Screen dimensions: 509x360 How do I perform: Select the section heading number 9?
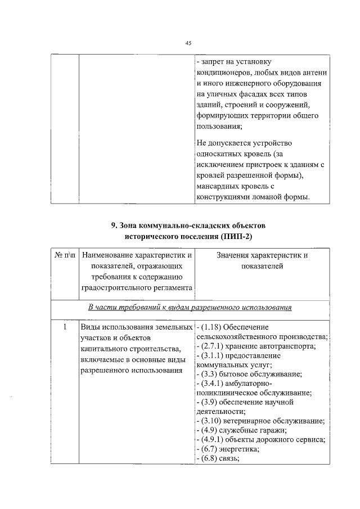(114, 225)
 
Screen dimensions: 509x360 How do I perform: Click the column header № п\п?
(66, 256)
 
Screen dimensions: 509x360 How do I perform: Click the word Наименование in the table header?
(109, 256)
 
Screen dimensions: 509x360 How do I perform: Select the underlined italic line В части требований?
(191, 308)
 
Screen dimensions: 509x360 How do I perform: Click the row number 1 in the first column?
(65, 327)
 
